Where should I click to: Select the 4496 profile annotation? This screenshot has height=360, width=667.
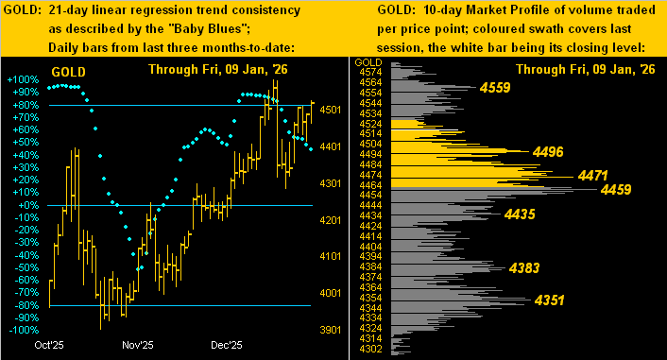pyautogui.click(x=548, y=150)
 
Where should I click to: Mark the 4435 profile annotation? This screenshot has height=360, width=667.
pyautogui.click(x=521, y=214)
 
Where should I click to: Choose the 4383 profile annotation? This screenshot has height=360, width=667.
pyautogui.click(x=524, y=268)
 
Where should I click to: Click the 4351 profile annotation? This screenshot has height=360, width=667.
pyautogui.click(x=550, y=300)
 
